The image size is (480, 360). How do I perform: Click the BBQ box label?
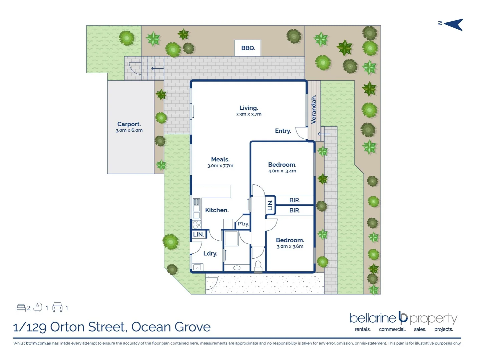pyautogui.click(x=248, y=48)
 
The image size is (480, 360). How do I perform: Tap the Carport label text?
pyautogui.click(x=129, y=124)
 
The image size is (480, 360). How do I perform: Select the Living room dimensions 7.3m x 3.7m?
pyautogui.click(x=249, y=114)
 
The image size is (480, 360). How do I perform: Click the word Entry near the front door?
pyautogui.click(x=283, y=131)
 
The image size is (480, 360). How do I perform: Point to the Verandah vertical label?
pyautogui.click(x=314, y=109)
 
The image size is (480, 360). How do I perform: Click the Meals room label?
pyautogui.click(x=220, y=159)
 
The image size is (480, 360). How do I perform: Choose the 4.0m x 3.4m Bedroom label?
pyautogui.click(x=282, y=165)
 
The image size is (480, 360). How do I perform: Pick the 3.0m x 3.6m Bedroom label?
pyautogui.click(x=290, y=240)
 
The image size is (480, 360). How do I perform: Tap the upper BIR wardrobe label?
pyautogui.click(x=295, y=200)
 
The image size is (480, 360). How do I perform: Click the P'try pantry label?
pyautogui.click(x=243, y=224)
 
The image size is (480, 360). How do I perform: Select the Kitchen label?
pyautogui.click(x=217, y=210)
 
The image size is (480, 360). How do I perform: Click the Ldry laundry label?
pyautogui.click(x=210, y=254)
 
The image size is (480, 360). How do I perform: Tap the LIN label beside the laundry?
pyautogui.click(x=198, y=234)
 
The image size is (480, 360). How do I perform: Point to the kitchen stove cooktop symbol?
pyautogui.click(x=197, y=224)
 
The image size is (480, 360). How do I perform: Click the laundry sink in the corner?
pyautogui.click(x=197, y=267)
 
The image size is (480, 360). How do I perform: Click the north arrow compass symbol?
pyautogui.click(x=453, y=24)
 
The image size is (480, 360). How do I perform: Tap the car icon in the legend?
pyautogui.click(x=57, y=307)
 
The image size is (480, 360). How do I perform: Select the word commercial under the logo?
pyautogui.click(x=392, y=329)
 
